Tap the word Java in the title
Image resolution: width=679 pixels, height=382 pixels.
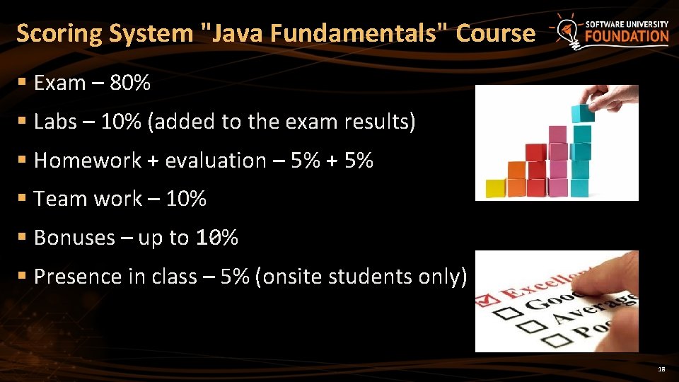pyautogui.click(x=233, y=33)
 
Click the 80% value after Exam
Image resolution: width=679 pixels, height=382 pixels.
pyautogui.click(x=131, y=83)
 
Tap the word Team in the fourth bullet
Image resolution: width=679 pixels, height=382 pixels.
pyautogui.click(x=56, y=199)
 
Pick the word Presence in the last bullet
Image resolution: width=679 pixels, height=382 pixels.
pyautogui.click(x=78, y=276)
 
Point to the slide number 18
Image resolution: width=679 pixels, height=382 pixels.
pyautogui.click(x=661, y=369)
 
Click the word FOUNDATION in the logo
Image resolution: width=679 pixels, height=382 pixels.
pyautogui.click(x=627, y=36)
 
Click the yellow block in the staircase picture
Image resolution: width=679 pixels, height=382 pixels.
pyautogui.click(x=495, y=188)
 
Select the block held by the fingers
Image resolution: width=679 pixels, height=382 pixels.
pyautogui.click(x=583, y=112)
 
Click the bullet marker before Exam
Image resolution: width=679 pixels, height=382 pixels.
pyautogui.click(x=23, y=83)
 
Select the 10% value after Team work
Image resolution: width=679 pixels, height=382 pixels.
pyautogui.click(x=186, y=199)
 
